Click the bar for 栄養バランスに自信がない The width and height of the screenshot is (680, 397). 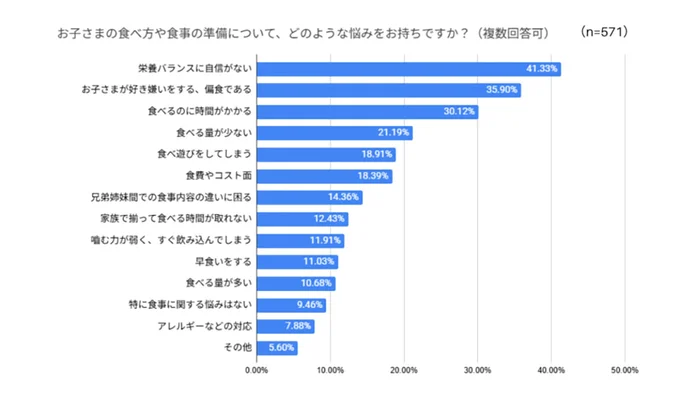[408, 69]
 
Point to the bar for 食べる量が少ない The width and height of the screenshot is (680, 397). [334, 133]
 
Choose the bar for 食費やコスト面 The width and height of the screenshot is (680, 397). [324, 176]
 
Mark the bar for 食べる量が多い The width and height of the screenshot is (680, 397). [296, 284]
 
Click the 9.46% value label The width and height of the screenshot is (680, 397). [310, 305]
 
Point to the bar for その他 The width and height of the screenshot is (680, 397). [277, 348]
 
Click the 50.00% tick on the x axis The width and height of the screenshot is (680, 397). [624, 370]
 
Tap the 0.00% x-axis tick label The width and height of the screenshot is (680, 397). [257, 370]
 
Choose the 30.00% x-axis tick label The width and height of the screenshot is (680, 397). [477, 370]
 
